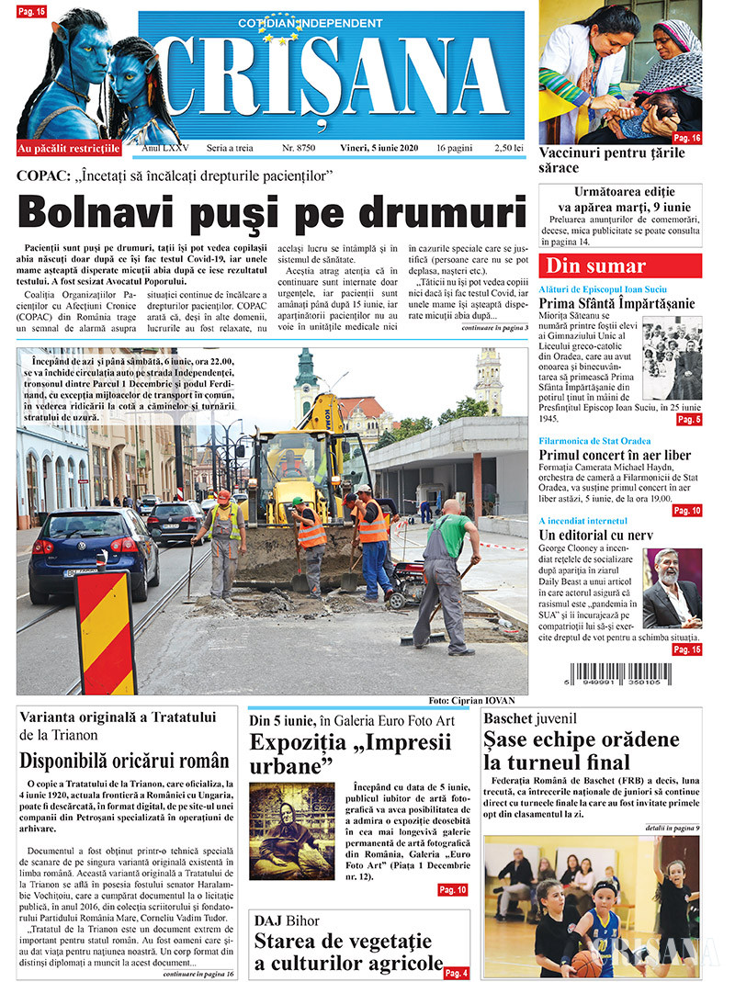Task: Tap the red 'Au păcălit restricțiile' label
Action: pyautogui.click(x=69, y=148)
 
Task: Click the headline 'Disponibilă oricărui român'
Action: pyautogui.click(x=125, y=760)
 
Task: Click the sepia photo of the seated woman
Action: pyautogui.click(x=291, y=831)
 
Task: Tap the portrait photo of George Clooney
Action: pyautogui.click(x=672, y=589)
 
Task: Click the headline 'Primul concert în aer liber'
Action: pyautogui.click(x=615, y=456)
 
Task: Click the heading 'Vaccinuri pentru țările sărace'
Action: pyautogui.click(x=611, y=161)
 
